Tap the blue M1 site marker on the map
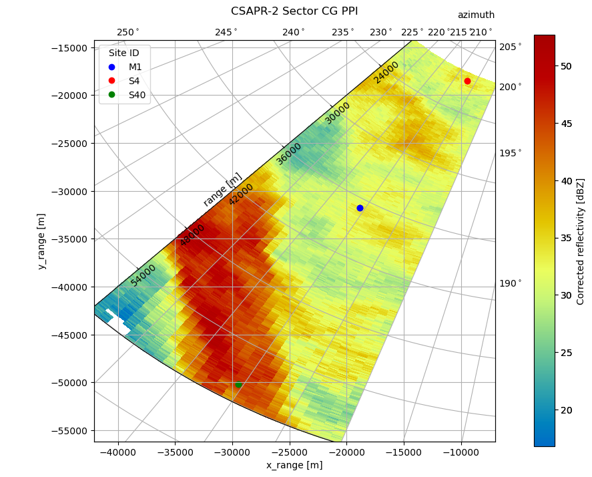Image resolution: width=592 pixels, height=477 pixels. pyautogui.click(x=360, y=208)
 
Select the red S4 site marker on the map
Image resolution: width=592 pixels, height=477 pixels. pyautogui.click(x=467, y=81)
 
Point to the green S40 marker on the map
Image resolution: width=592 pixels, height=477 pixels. pyautogui.click(x=238, y=385)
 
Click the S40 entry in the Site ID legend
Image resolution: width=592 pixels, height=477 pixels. pyautogui.click(x=137, y=95)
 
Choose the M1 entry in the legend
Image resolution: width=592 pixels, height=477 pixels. pyautogui.click(x=135, y=67)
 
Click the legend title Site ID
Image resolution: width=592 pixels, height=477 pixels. pyautogui.click(x=124, y=53)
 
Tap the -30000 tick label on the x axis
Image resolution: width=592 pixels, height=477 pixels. pyautogui.click(x=232, y=452)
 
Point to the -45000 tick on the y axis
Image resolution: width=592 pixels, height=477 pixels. pyautogui.click(x=69, y=335)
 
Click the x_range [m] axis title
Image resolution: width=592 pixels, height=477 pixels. pyautogui.click(x=294, y=465)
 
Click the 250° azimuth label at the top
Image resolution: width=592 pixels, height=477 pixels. pyautogui.click(x=128, y=32)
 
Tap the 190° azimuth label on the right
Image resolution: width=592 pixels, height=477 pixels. pyautogui.click(x=511, y=283)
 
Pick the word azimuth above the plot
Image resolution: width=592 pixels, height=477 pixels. pyautogui.click(x=476, y=15)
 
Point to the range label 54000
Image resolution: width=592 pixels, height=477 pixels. pyautogui.click(x=143, y=275)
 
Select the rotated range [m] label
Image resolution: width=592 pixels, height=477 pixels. pyautogui.click(x=223, y=189)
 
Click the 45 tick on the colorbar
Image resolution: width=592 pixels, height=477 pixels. pyautogui.click(x=567, y=124)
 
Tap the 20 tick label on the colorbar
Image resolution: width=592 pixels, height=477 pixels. pyautogui.click(x=567, y=410)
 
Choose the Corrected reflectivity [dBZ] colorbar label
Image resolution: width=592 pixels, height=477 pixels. pyautogui.click(x=581, y=241)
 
